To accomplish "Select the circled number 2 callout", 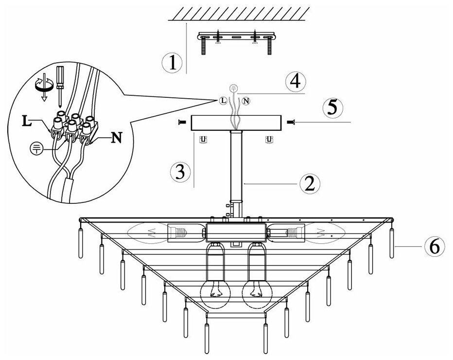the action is (x=310, y=183).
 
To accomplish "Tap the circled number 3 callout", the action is (x=180, y=172).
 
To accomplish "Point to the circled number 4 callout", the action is (x=295, y=82).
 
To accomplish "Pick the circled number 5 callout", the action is (x=333, y=108).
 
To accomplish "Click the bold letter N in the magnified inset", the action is (x=117, y=138).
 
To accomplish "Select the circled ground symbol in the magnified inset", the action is (x=36, y=148).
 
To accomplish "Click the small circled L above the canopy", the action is (x=223, y=100).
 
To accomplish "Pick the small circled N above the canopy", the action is (x=246, y=101).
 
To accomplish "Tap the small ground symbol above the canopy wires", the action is (x=233, y=88).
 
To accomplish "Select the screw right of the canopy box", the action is (x=291, y=123).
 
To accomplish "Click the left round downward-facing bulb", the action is (x=215, y=293).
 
